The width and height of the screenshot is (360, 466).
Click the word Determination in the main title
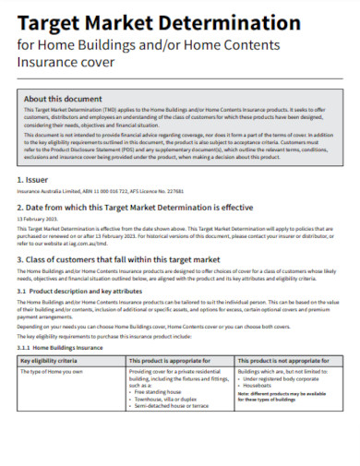228,22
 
